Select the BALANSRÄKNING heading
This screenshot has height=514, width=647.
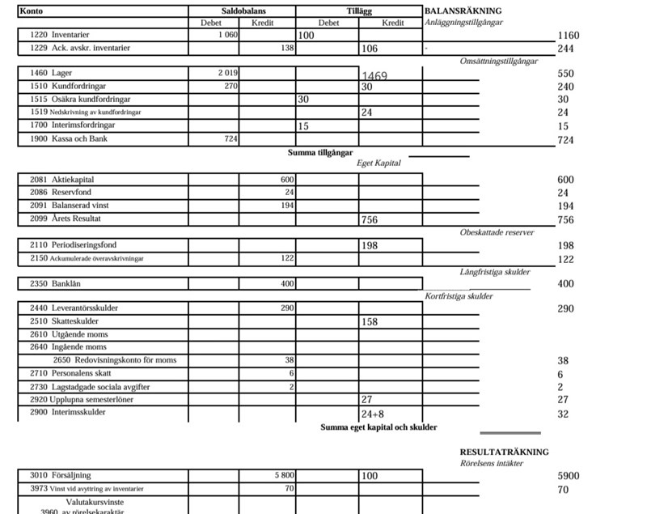tap(463, 11)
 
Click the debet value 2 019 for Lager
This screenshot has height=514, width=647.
tap(227, 73)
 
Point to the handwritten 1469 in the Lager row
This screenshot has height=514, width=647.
tap(374, 77)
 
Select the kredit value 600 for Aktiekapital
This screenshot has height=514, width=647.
tap(287, 180)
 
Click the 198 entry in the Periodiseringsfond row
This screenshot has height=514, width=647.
tap(370, 245)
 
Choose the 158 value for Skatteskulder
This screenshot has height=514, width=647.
tap(370, 321)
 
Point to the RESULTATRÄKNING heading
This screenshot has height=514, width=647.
tap(504, 452)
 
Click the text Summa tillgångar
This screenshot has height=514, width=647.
tap(320, 152)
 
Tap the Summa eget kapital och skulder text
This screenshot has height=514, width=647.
tap(378, 427)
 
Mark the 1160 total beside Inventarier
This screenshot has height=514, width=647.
tap(569, 36)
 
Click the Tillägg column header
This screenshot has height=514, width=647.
tap(358, 11)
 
